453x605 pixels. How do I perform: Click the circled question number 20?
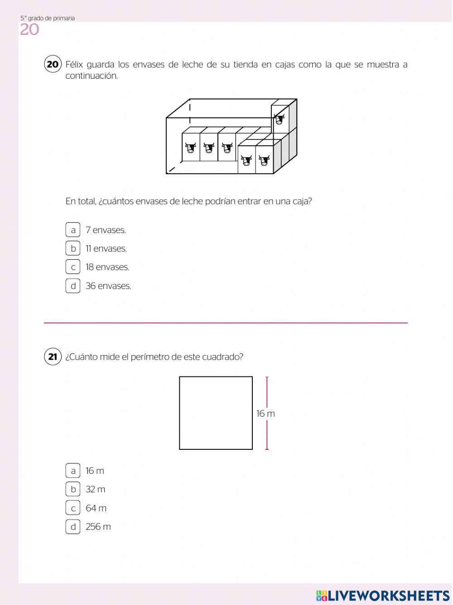coord(53,64)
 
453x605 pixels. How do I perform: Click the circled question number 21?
coord(53,357)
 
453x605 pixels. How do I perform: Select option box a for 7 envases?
coord(72,230)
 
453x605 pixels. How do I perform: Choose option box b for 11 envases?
coord(72,248)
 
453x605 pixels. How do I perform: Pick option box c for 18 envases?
coord(72,267)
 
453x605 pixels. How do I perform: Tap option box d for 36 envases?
coord(72,286)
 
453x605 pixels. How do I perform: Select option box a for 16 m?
coord(72,471)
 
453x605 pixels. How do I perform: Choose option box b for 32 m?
coord(72,489)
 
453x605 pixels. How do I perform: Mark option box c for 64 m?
coord(72,508)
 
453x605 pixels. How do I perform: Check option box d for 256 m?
coord(72,527)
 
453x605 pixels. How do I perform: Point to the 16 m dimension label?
coord(265,414)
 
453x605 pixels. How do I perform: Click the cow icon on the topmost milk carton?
coord(279,119)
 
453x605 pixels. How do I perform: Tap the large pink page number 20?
coord(30,30)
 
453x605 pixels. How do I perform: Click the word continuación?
coord(92,76)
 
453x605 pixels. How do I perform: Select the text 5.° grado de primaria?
coord(48,18)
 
